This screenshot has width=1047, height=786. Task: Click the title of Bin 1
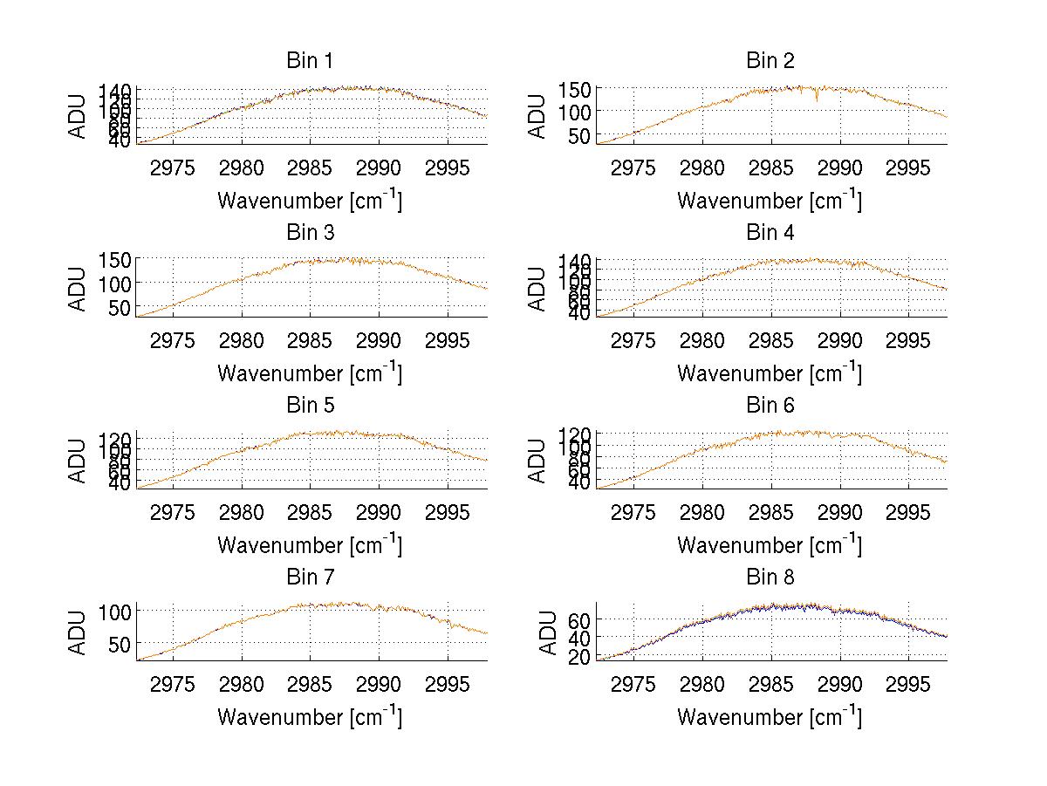point(309,61)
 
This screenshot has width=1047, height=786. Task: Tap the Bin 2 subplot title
point(770,61)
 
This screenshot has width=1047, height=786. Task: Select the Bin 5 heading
point(309,406)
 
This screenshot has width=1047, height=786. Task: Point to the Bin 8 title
point(770,578)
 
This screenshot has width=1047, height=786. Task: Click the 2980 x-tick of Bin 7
point(242,683)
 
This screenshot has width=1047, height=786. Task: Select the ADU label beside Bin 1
point(79,114)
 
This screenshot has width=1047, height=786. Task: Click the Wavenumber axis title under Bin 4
point(770,372)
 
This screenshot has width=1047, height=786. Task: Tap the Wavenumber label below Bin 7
point(309,717)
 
